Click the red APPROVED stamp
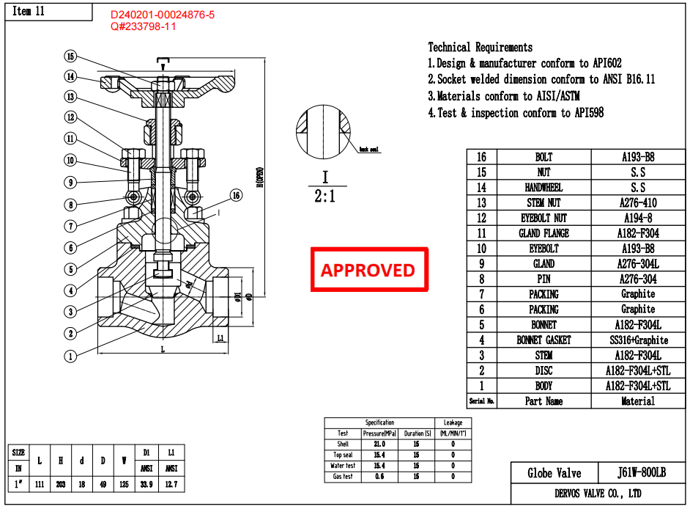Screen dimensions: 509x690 [368, 270]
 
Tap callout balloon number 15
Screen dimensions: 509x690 [70, 56]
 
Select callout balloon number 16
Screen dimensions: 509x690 [235, 195]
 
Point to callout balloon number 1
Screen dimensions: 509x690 [70, 356]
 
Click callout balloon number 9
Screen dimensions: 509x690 [70, 182]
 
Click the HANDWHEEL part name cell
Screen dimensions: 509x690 [544, 188]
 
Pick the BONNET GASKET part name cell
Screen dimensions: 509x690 [544, 340]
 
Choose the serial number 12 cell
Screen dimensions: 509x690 [481, 219]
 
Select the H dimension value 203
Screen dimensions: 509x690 [61, 484]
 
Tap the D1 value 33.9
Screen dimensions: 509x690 [146, 484]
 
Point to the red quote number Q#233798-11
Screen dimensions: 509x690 [144, 26]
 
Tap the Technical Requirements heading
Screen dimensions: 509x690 [481, 47]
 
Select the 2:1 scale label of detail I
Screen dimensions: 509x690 [325, 197]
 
